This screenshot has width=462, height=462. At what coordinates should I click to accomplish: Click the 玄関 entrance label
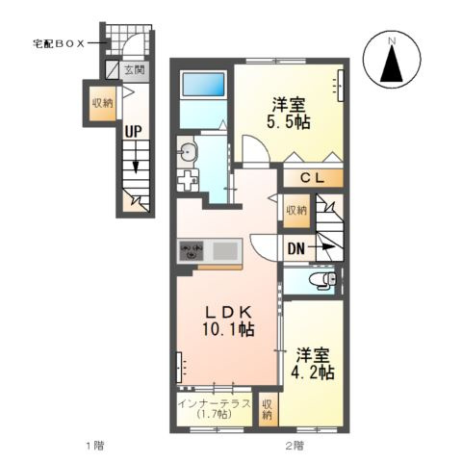pos(133,69)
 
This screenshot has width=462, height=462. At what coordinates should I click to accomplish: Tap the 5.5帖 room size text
pos(289,122)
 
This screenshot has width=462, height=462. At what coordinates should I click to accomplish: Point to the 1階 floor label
pos(93,446)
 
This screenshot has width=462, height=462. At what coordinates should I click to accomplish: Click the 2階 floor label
pos(295,446)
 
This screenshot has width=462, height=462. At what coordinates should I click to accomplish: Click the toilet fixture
pos(322,279)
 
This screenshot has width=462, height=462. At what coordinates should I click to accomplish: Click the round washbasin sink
pos(189,151)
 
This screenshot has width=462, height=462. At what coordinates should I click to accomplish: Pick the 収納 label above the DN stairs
pos(295,209)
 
